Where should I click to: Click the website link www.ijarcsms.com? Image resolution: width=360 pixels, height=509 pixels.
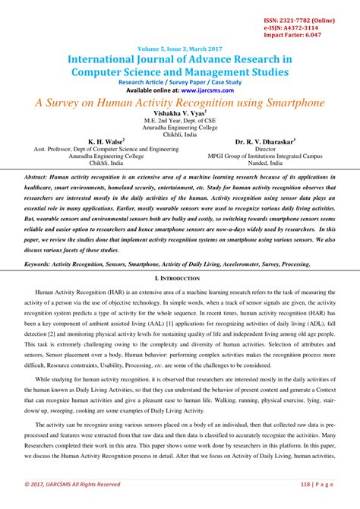(201, 89)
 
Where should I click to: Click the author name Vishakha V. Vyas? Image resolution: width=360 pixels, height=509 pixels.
(179, 112)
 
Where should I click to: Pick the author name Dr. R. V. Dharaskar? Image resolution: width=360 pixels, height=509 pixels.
(265, 141)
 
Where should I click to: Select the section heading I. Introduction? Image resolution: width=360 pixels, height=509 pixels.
(179, 280)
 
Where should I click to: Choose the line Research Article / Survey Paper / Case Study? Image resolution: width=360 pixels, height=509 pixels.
(179, 81)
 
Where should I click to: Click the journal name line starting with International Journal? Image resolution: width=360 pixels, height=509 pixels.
(179, 58)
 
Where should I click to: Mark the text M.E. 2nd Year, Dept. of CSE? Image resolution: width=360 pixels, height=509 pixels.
(179, 120)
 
